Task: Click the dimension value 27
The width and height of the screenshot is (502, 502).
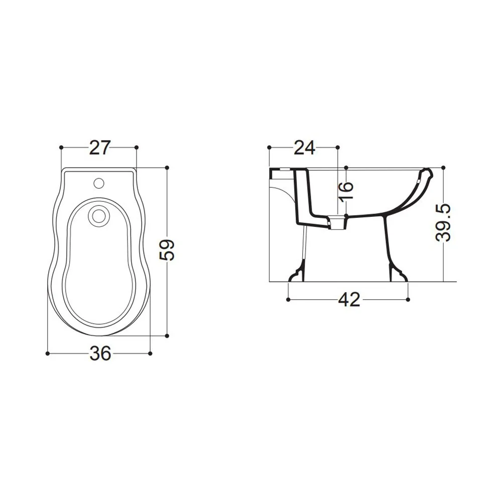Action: pos(99,148)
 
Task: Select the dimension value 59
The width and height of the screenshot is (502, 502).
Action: pos(167,250)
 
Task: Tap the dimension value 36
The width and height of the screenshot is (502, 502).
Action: pos(100,353)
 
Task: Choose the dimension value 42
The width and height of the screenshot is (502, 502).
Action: pos(349,300)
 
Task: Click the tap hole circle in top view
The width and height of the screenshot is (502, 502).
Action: pos(99,183)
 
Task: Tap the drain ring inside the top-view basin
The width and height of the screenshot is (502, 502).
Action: pos(99,215)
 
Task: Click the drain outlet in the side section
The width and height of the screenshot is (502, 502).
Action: pos(338,223)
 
